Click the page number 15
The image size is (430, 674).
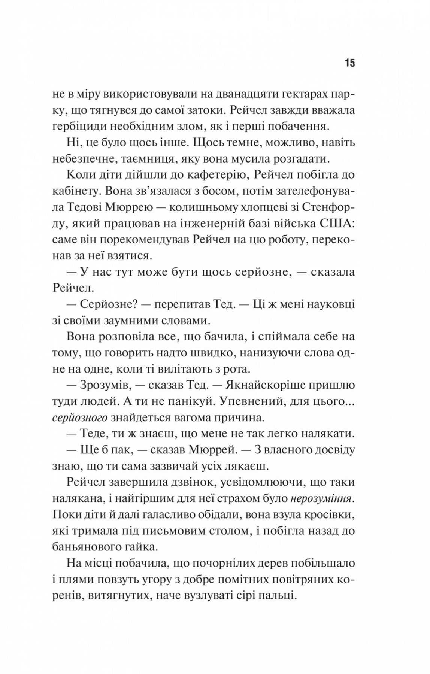(x=350, y=63)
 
